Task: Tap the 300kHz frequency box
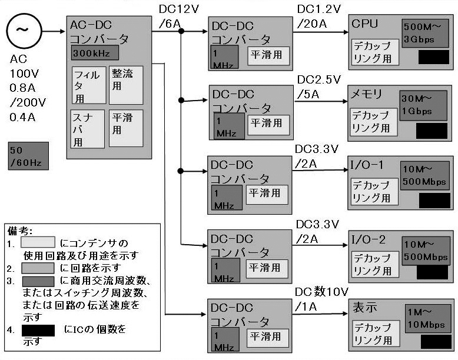pyautogui.click(x=95, y=53)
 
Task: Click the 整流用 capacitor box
pyautogui.click(x=126, y=85)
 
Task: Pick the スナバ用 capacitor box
pyautogui.click(x=88, y=128)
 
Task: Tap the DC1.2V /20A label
pyautogui.click(x=319, y=16)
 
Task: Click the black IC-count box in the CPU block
pyautogui.click(x=433, y=58)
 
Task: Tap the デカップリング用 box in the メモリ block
pyautogui.click(x=370, y=122)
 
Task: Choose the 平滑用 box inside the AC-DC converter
pyautogui.click(x=126, y=128)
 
